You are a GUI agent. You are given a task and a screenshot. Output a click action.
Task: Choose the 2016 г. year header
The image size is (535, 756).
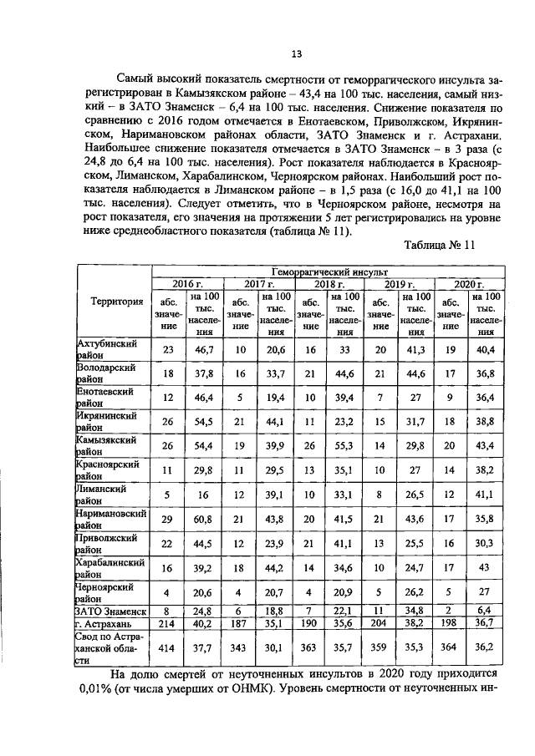pos(185,284)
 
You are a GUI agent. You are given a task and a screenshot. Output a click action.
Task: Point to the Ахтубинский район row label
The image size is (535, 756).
pos(108,349)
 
